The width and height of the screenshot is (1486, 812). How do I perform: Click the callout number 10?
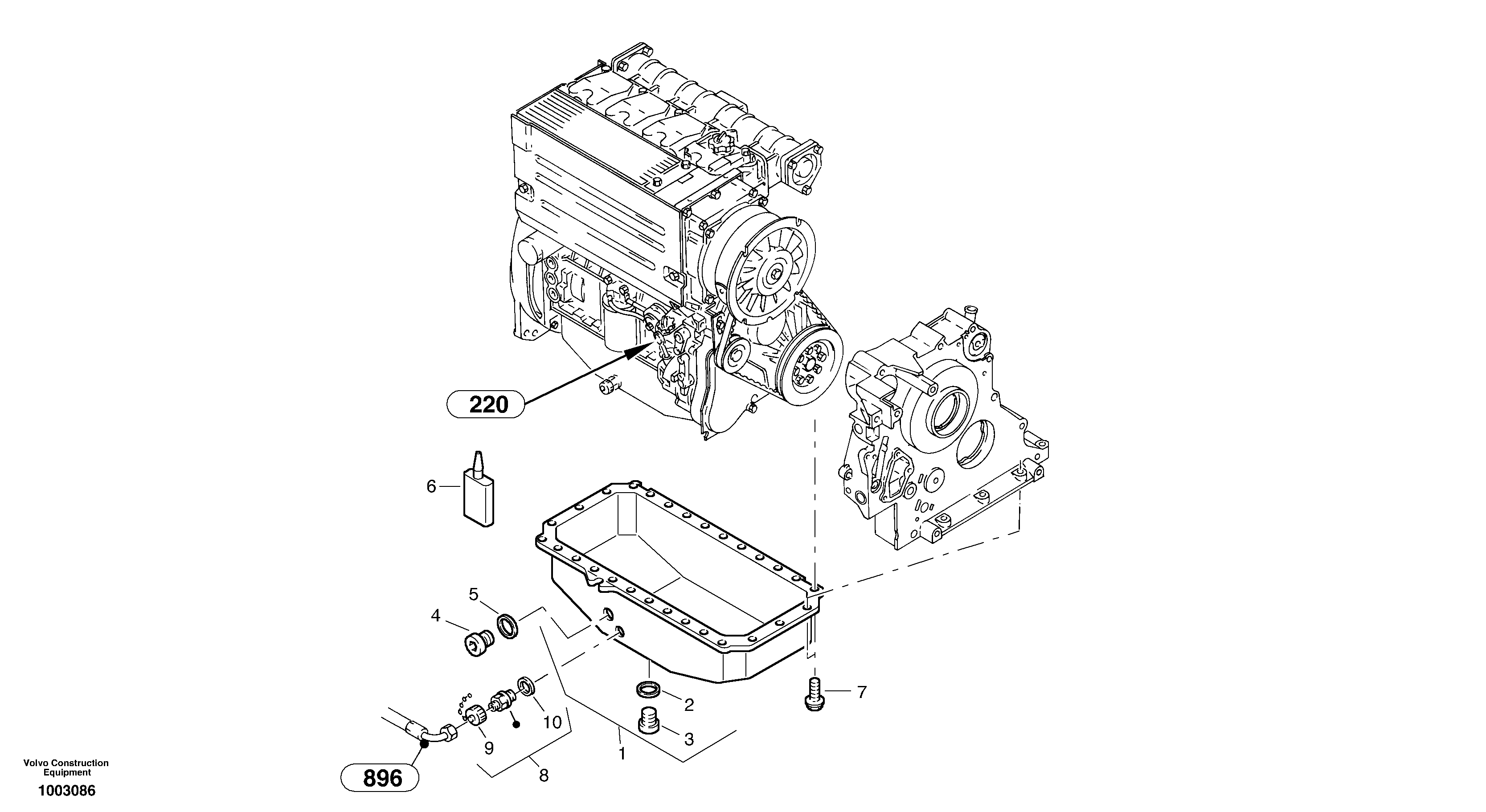[x=552, y=722]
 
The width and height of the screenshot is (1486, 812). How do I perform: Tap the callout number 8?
[x=544, y=775]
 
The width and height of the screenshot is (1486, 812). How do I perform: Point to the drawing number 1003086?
[x=66, y=791]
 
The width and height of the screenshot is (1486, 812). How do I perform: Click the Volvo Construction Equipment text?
[x=66, y=767]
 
